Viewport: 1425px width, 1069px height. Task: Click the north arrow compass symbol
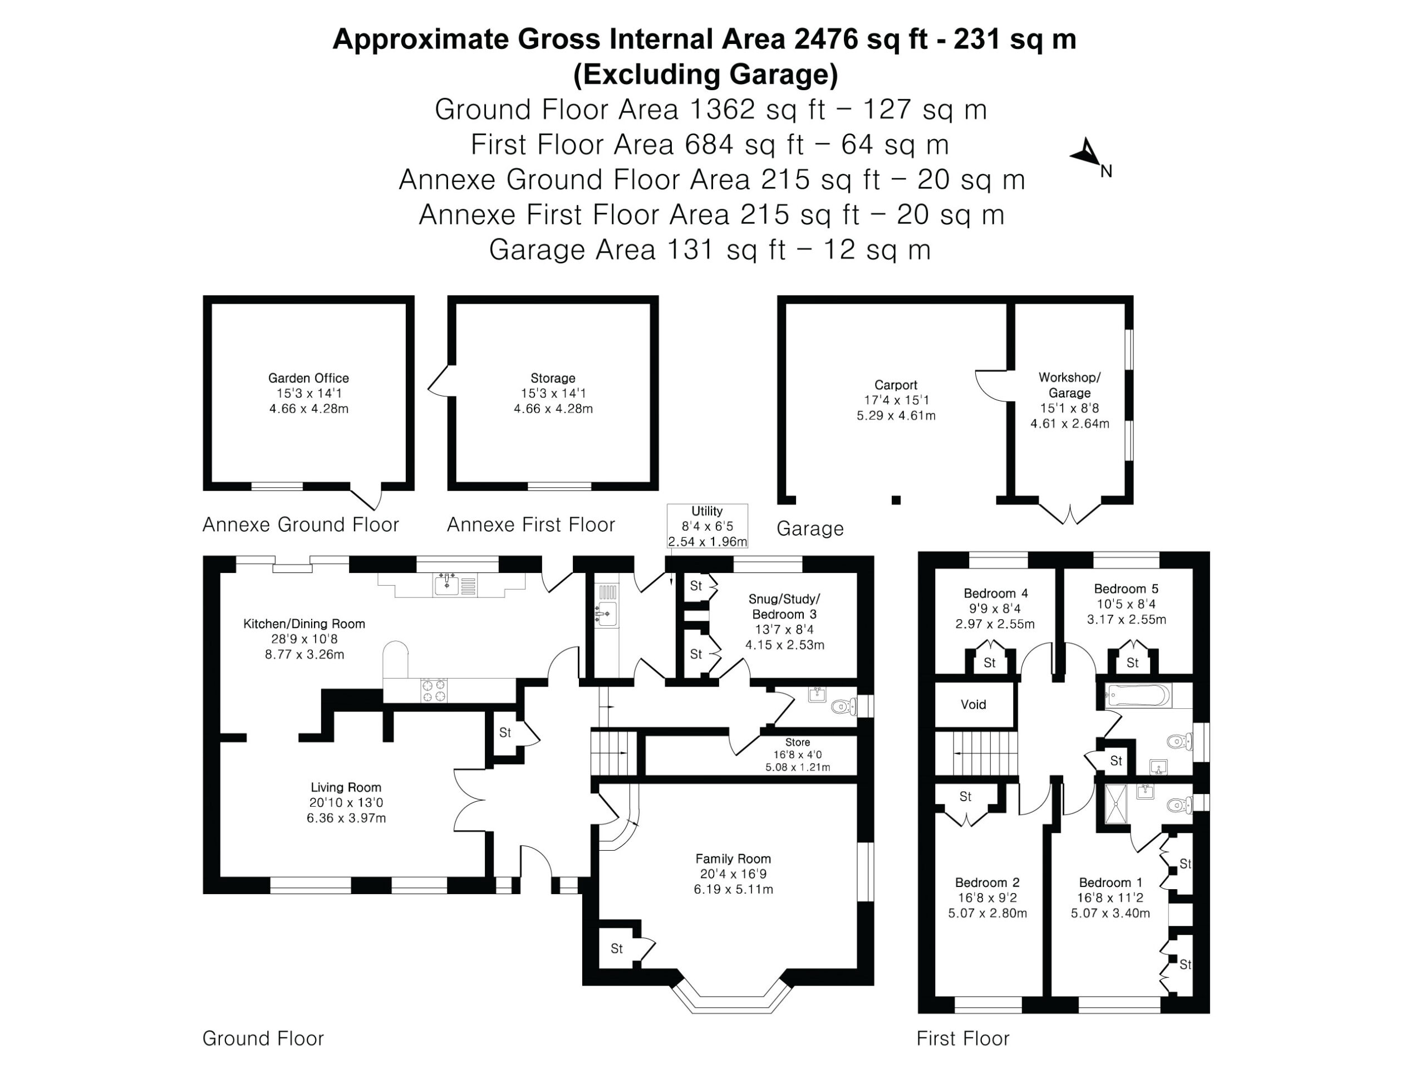(x=1089, y=155)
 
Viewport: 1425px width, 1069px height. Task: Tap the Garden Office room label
(x=308, y=378)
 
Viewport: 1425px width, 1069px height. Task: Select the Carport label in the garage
(x=896, y=385)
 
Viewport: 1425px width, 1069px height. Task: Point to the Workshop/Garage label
(x=1069, y=385)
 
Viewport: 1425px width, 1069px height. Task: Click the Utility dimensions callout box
(x=707, y=526)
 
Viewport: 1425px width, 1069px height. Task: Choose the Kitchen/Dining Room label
(x=304, y=624)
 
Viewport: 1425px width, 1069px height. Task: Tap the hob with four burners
(x=434, y=690)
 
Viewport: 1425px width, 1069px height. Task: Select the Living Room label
(x=346, y=787)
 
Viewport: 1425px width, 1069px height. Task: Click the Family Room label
(x=733, y=859)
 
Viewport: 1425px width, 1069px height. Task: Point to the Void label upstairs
(x=974, y=704)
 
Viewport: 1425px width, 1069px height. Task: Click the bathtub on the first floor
(x=1138, y=696)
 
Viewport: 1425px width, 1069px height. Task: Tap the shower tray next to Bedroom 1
(x=1118, y=803)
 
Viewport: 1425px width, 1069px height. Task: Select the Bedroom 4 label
(x=995, y=594)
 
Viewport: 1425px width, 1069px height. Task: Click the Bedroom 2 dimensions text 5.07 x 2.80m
(x=987, y=913)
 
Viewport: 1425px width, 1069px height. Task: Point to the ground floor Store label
(x=798, y=742)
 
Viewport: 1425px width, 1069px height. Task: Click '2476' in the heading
(x=827, y=40)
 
